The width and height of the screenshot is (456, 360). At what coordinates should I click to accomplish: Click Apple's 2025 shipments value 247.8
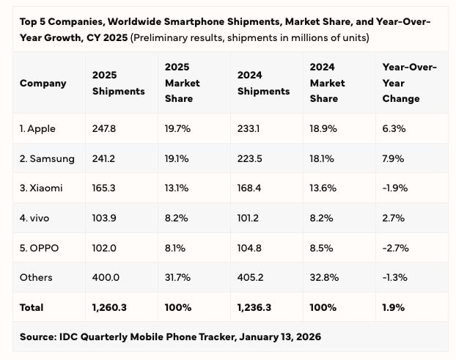pyautogui.click(x=104, y=129)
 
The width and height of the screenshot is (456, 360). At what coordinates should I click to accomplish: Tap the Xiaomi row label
pyautogui.click(x=41, y=188)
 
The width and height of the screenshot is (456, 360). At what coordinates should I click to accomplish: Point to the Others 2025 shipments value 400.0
pyautogui.click(x=105, y=277)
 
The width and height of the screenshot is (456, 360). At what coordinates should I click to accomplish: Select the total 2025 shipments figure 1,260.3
pyautogui.click(x=109, y=307)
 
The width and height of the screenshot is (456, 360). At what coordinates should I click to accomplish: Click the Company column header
pyautogui.click(x=43, y=83)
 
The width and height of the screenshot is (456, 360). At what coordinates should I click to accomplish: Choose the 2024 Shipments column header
pyautogui.click(x=263, y=83)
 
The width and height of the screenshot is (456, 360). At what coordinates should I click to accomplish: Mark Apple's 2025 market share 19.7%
pyautogui.click(x=177, y=129)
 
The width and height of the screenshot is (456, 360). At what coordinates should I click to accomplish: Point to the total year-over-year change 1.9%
pyautogui.click(x=393, y=307)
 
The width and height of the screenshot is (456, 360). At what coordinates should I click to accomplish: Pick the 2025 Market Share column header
pyautogui.click(x=183, y=83)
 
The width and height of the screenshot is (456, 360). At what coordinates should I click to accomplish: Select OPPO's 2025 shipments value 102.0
pyautogui.click(x=104, y=248)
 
